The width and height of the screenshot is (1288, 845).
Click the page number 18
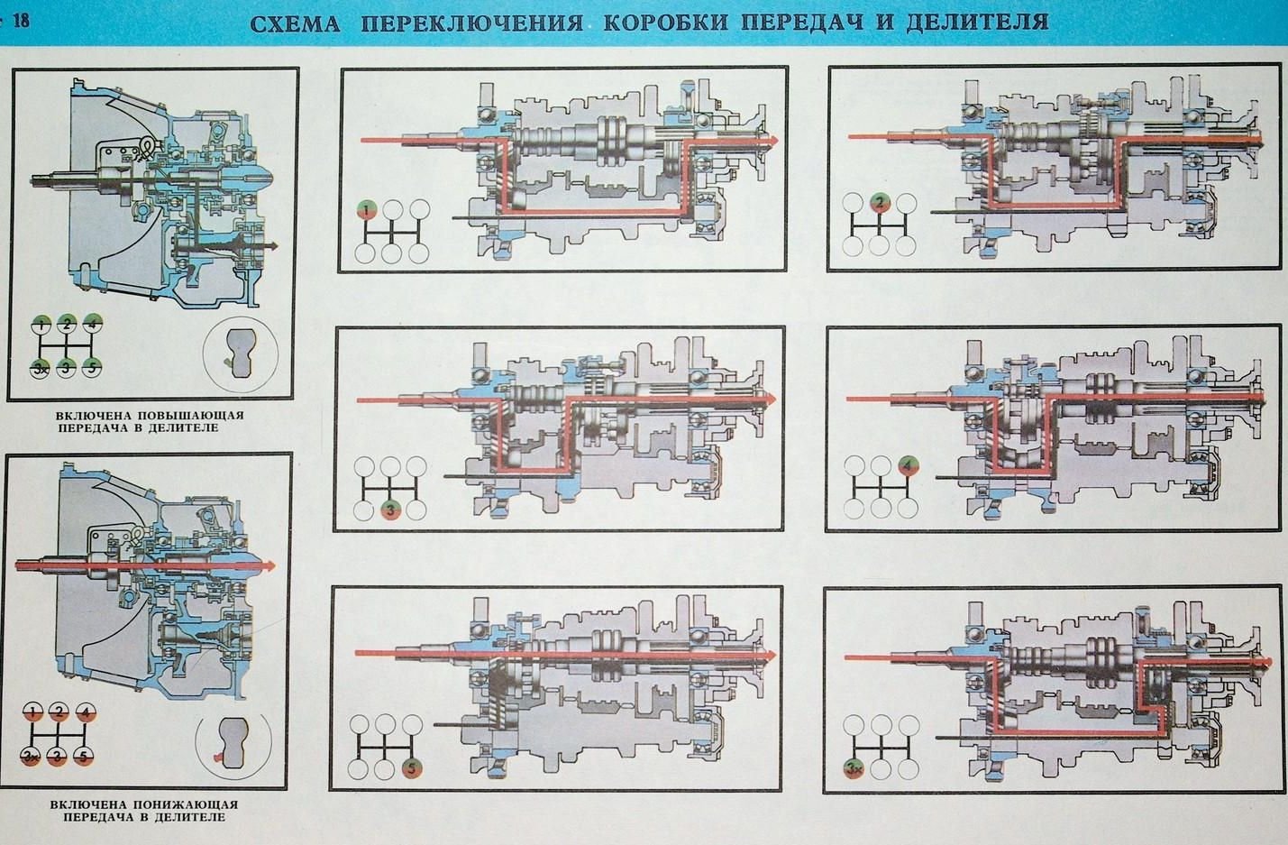(x=18, y=19)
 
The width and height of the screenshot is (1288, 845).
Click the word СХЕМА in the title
(x=295, y=22)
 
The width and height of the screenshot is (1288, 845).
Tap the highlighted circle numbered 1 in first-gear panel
(x=366, y=210)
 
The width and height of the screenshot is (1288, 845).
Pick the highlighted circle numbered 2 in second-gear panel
(x=881, y=202)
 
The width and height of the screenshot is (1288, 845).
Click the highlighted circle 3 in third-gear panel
(x=390, y=510)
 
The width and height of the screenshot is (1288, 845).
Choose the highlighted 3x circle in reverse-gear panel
(x=853, y=769)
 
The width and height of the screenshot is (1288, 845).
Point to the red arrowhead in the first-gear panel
(x=772, y=141)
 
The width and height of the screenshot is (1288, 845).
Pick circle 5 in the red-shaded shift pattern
(x=85, y=756)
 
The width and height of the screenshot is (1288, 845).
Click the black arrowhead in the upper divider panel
(x=271, y=246)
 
